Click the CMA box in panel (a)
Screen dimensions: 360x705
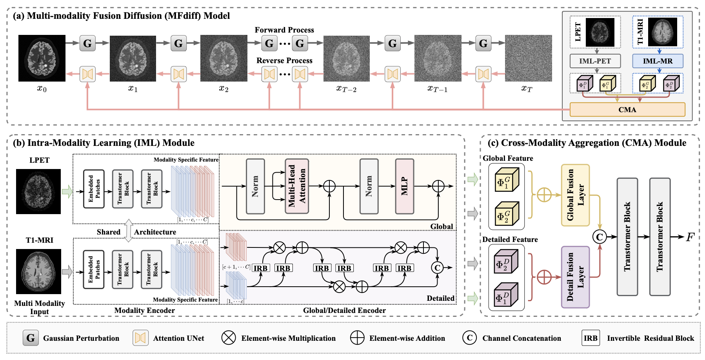(x=627, y=109)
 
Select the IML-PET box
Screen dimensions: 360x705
(x=595, y=61)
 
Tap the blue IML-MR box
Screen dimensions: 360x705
(x=658, y=61)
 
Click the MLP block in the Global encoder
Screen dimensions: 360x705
(x=404, y=186)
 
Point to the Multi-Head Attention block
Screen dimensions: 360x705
(x=297, y=186)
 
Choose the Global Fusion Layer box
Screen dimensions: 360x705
(x=575, y=195)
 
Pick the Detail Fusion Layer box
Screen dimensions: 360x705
(x=575, y=277)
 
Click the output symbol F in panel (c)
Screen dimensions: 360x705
(x=690, y=237)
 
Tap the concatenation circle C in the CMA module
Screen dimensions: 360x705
(x=599, y=237)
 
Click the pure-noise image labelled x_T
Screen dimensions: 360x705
(x=528, y=58)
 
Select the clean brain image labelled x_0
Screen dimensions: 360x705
(x=42, y=58)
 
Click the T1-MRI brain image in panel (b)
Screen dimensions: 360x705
(x=38, y=271)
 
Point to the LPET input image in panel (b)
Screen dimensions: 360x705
(x=38, y=191)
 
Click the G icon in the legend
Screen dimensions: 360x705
(x=31, y=338)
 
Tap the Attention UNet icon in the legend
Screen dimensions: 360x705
(x=140, y=338)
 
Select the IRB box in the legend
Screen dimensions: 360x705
(x=591, y=338)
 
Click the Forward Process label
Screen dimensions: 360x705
(x=284, y=30)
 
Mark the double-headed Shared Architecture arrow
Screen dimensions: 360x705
(x=128, y=231)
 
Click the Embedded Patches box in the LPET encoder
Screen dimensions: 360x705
(x=94, y=189)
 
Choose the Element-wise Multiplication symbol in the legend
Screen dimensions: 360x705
(x=229, y=338)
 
